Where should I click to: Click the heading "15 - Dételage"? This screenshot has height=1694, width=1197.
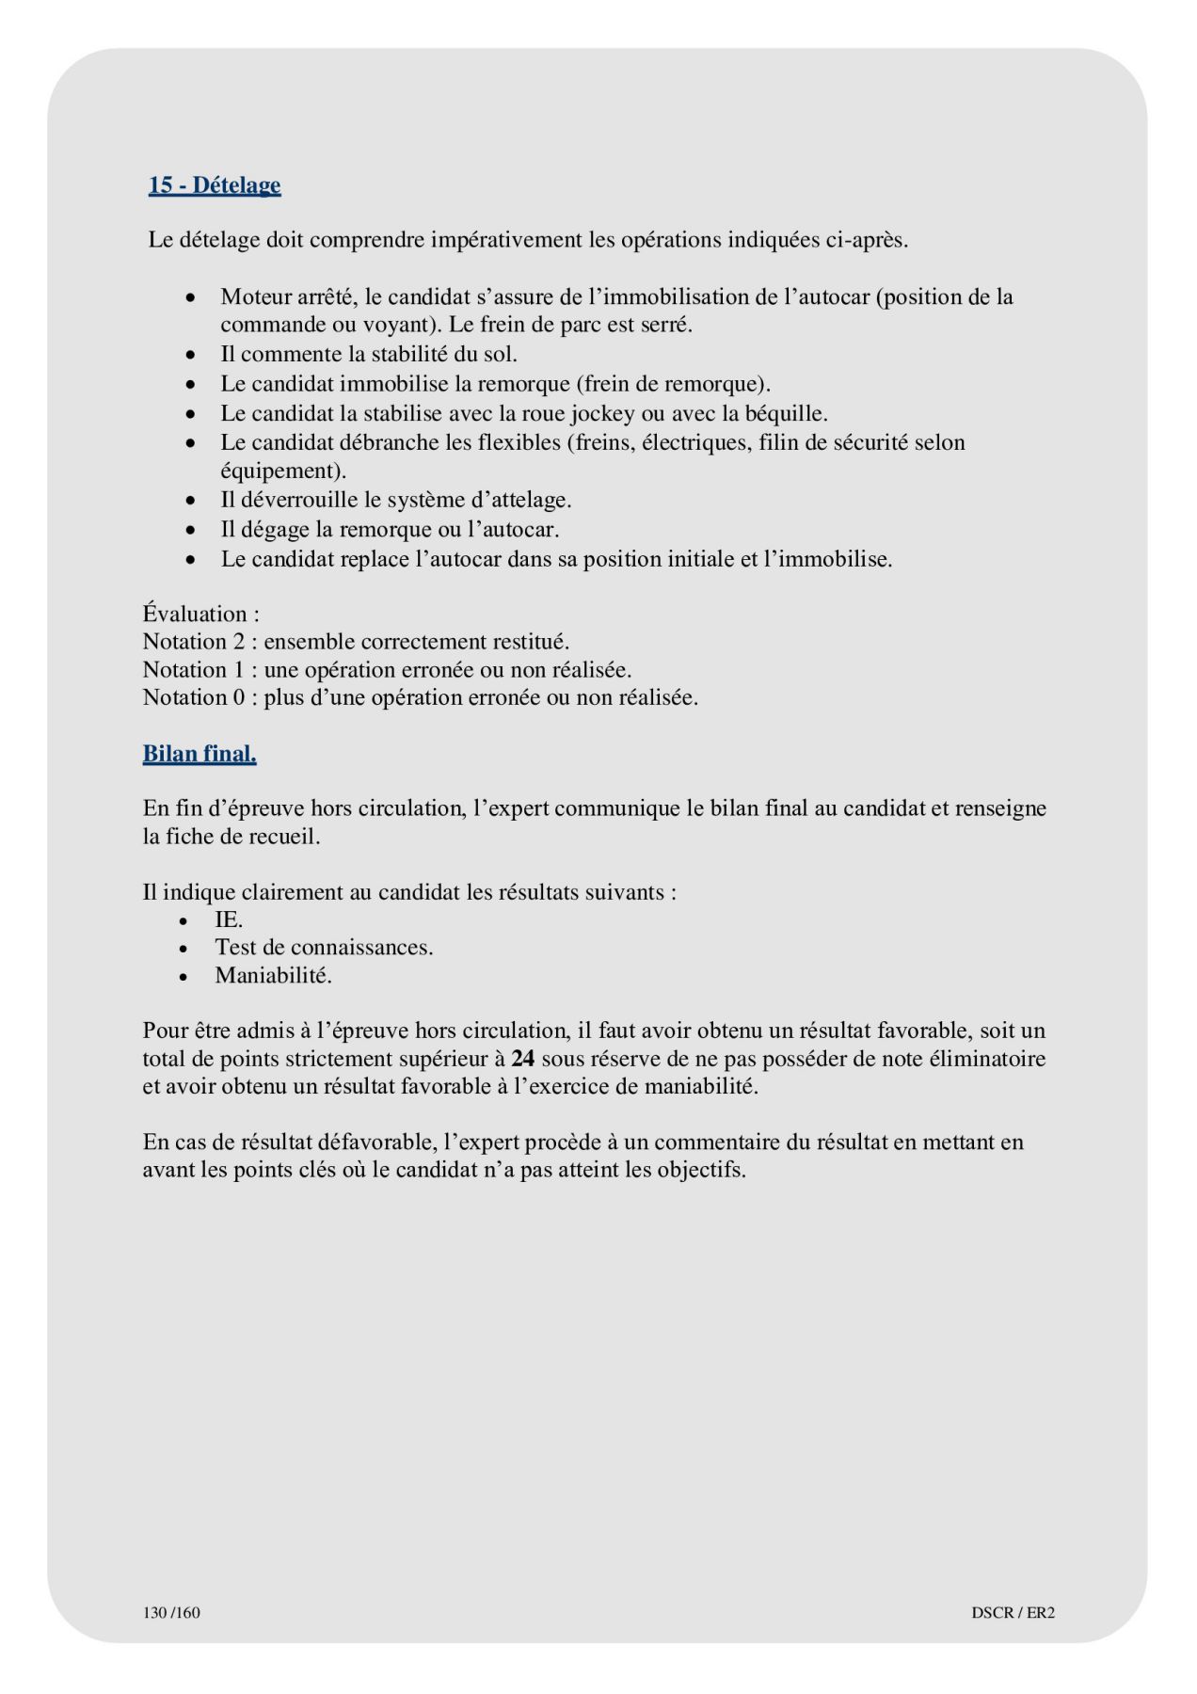coord(215,185)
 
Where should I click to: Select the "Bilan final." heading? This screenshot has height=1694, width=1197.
coord(199,754)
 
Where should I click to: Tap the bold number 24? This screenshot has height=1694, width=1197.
coord(523,1058)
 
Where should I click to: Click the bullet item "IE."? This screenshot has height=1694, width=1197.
coord(229,919)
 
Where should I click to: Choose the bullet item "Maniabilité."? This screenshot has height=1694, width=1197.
coord(273,975)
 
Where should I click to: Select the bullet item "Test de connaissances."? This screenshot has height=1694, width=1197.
coord(324,947)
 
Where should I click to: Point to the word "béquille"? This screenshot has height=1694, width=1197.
coord(786,413)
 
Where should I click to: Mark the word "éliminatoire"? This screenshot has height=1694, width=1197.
coord(986,1058)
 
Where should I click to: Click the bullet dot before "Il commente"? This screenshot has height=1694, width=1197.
coord(191,356)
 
